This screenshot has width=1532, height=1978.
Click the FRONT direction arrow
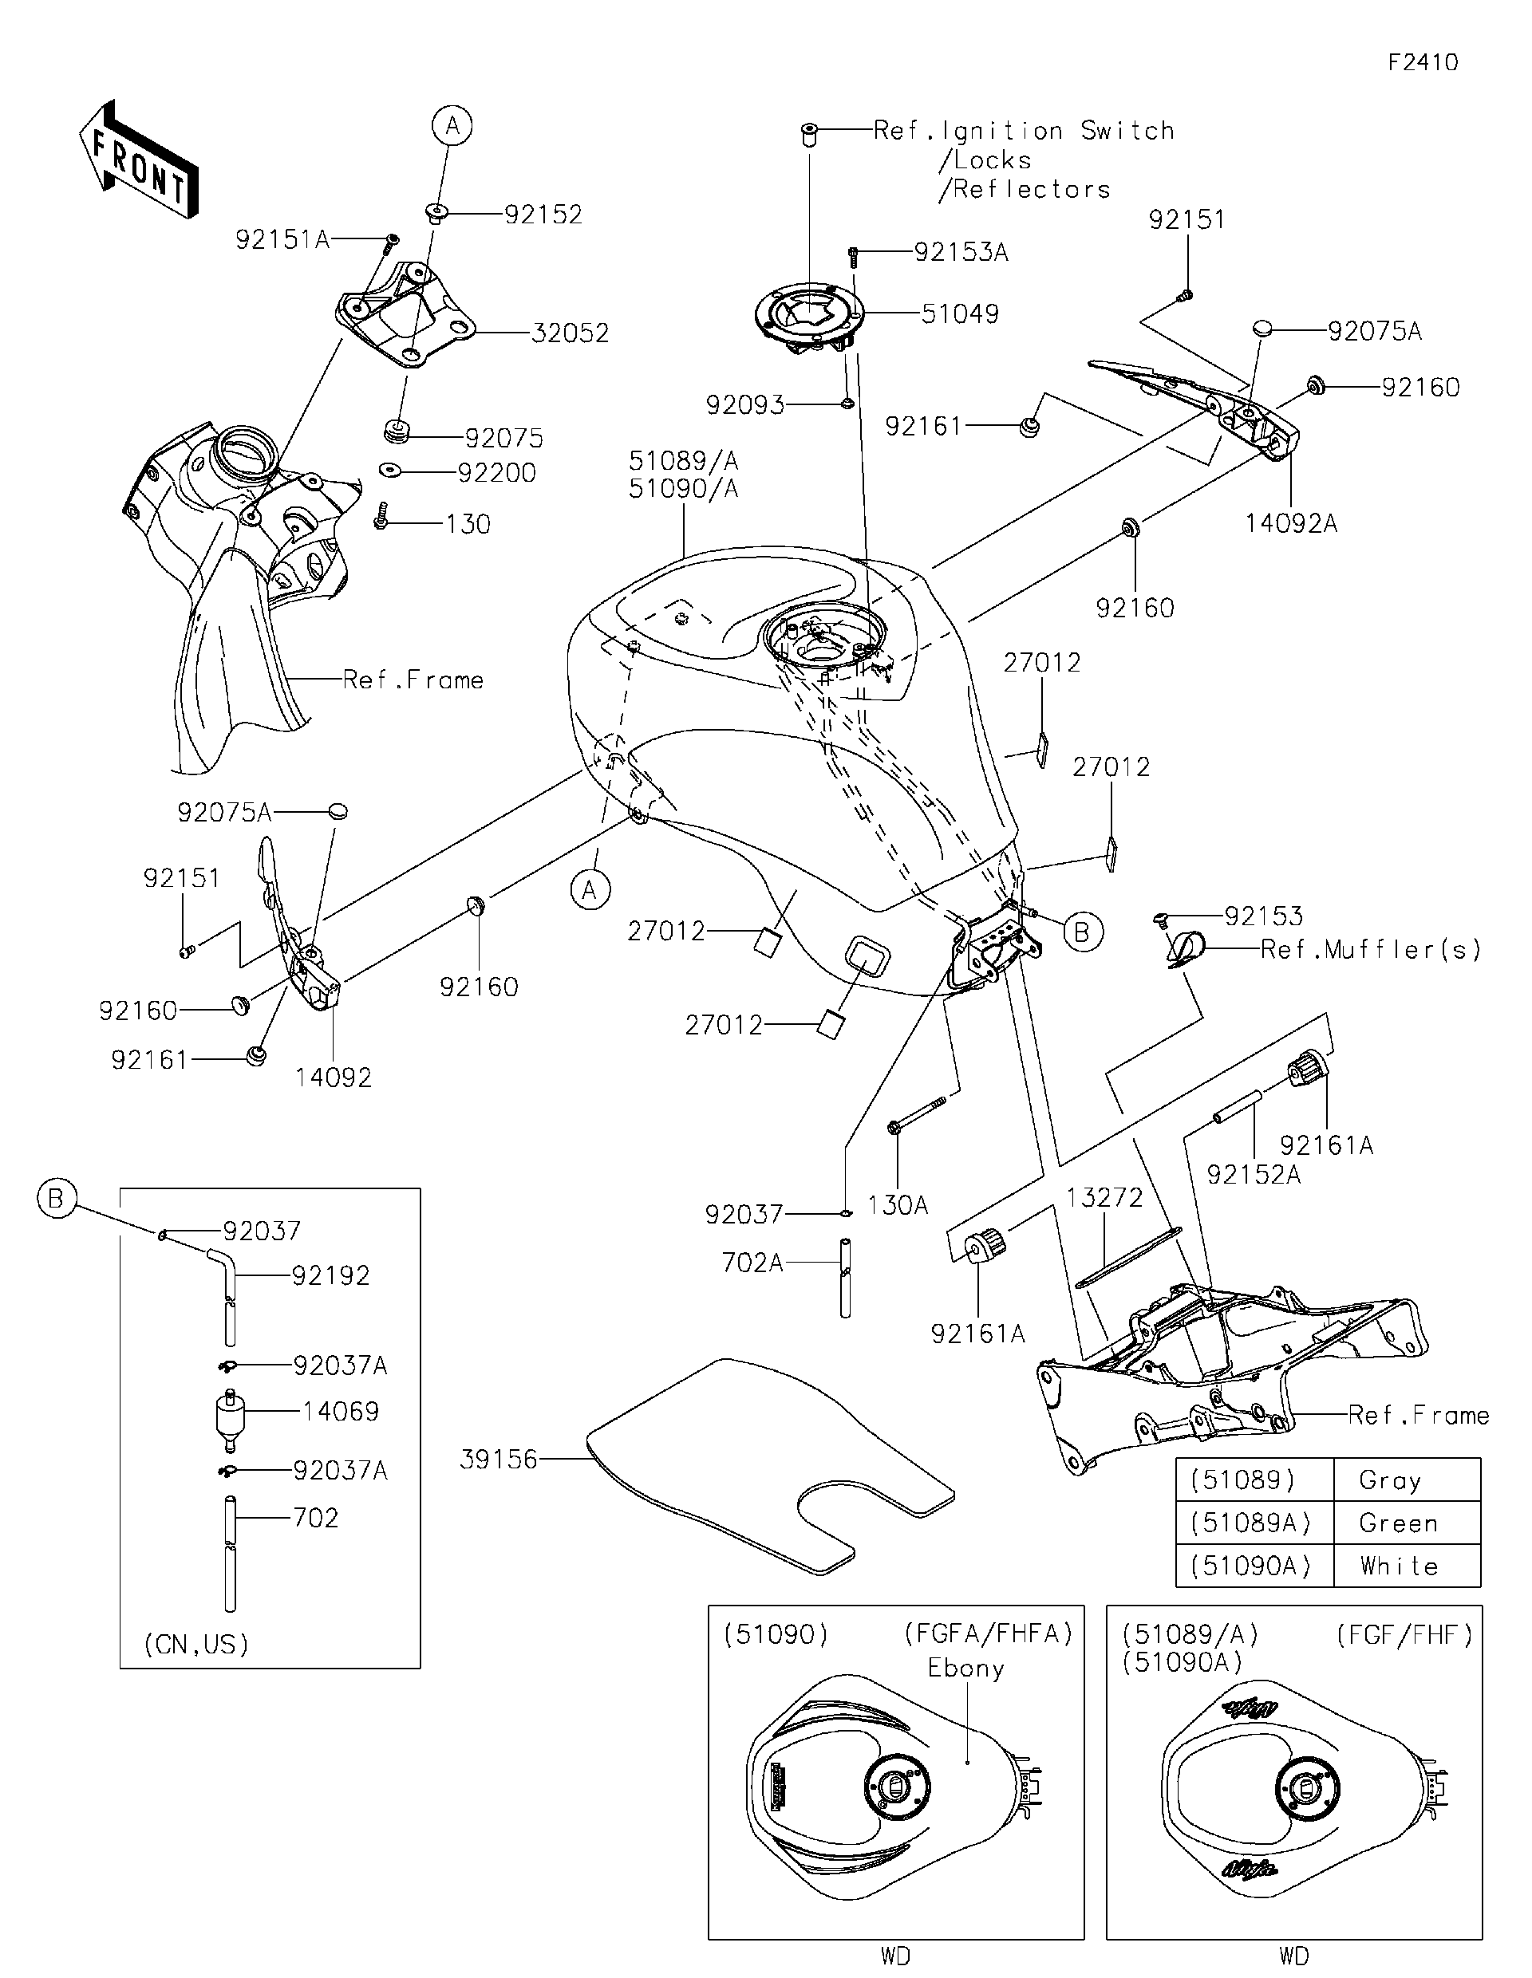click(139, 160)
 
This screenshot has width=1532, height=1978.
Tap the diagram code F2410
click(1423, 62)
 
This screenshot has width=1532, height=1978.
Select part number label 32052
click(569, 333)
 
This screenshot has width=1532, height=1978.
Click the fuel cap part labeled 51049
click(809, 318)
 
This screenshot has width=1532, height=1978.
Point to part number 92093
click(744, 405)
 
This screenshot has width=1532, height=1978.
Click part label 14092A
click(1290, 523)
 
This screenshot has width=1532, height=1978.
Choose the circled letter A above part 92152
click(452, 126)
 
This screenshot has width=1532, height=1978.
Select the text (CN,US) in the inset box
click(196, 1644)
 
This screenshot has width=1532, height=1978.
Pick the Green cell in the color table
click(1397, 1523)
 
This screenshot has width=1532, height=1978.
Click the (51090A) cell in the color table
click(1250, 1566)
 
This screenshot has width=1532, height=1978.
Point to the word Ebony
click(965, 1669)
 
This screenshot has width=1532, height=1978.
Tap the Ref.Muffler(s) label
click(1370, 949)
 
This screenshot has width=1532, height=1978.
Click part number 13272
click(1104, 1197)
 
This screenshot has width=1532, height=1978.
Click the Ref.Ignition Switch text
click(1024, 132)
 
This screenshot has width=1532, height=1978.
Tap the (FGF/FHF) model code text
click(1404, 1635)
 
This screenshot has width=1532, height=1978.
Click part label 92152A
click(1253, 1175)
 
